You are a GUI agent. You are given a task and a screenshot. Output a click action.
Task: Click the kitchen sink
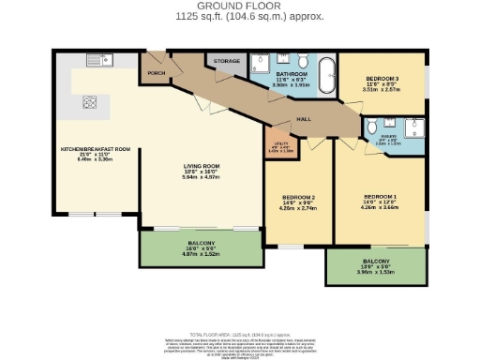97,61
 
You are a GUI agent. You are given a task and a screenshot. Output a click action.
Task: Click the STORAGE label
228,62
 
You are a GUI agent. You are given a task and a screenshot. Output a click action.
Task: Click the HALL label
304,120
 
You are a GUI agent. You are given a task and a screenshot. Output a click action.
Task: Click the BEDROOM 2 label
297,197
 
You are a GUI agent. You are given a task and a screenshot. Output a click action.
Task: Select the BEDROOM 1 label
380,197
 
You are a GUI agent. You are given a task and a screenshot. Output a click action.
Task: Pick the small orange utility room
275,146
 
